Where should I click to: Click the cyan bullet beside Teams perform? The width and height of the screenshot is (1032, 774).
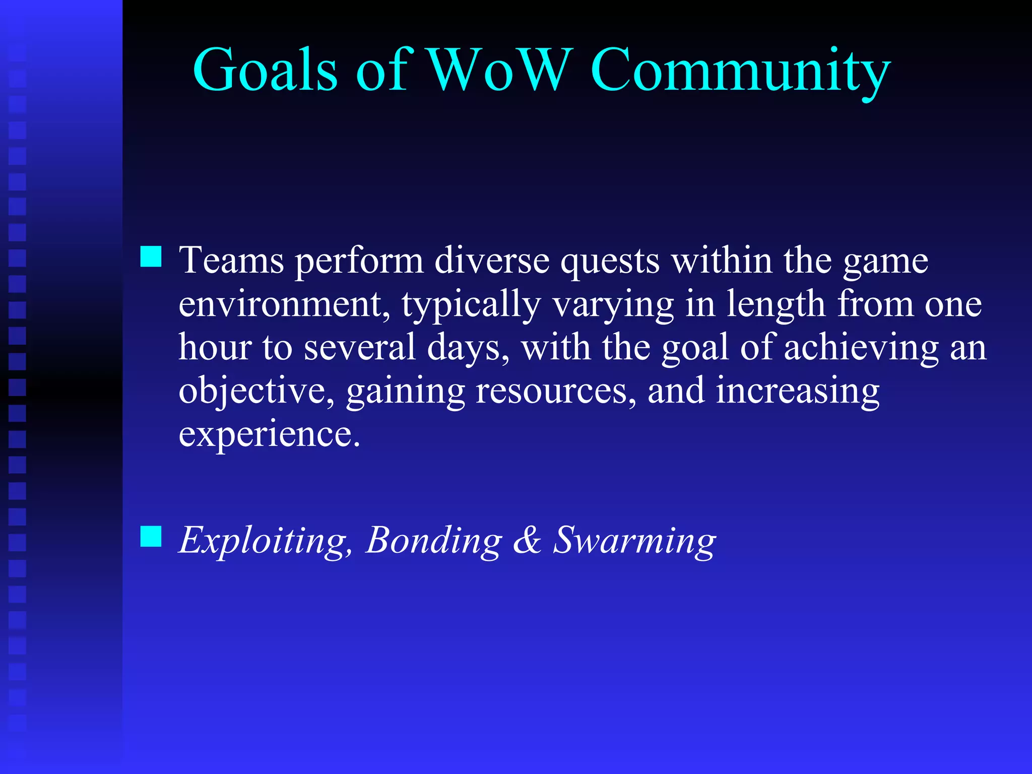[x=151, y=256]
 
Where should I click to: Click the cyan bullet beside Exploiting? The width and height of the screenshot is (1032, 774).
[x=151, y=536]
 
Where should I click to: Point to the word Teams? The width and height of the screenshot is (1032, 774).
[x=231, y=261]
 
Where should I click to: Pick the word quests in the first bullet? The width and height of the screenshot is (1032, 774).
[x=610, y=262]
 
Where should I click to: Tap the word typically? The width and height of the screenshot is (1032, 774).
[x=471, y=305]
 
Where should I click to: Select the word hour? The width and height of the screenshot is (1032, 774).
[x=215, y=347]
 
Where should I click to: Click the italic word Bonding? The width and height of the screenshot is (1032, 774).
[x=434, y=541]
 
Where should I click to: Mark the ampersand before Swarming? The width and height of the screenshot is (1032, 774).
[x=527, y=541]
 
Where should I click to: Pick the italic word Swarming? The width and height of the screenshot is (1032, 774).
[x=634, y=541]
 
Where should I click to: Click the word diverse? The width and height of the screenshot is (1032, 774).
[x=491, y=261]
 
